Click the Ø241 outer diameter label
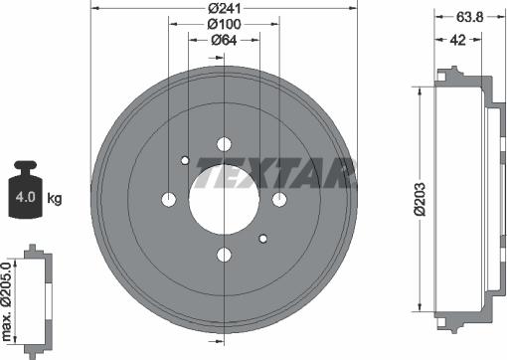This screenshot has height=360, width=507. tap(225, 8)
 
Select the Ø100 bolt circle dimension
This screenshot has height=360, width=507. tap(225, 24)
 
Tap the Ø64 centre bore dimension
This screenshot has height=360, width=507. tap(224, 40)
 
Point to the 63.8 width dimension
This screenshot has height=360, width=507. tap(470, 17)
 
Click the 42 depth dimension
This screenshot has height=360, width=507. tap(458, 40)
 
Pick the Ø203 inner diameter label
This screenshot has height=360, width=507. tap(420, 199)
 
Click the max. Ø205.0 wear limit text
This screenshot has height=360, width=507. tap(7, 301)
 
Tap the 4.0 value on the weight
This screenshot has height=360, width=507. tap(25, 197)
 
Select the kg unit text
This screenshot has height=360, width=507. tap(55, 199)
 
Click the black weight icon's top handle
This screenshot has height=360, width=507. tap(26, 165)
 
